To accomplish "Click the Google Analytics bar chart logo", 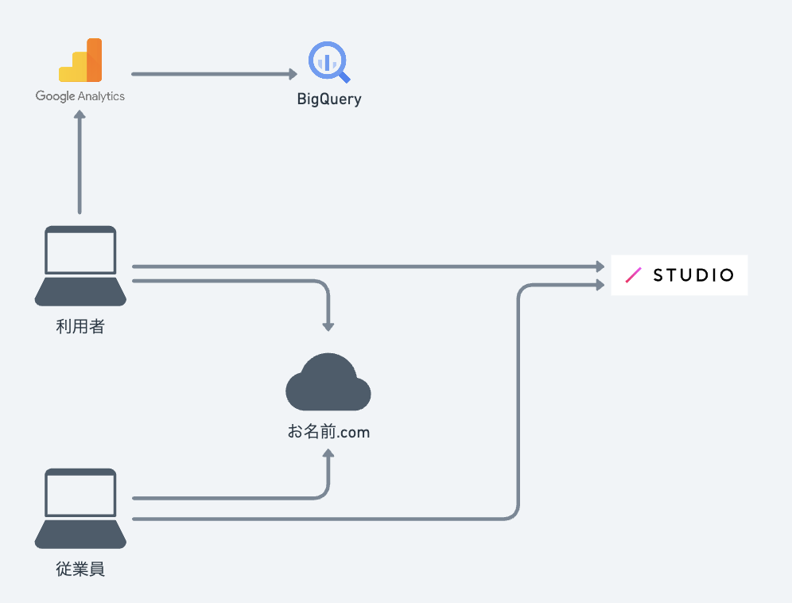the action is click(80, 60).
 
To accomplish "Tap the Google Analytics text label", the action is click(80, 96).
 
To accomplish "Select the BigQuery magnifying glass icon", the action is click(329, 62).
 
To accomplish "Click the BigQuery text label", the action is click(329, 99).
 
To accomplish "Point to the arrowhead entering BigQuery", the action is click(293, 74).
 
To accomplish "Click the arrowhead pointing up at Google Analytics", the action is click(80, 115).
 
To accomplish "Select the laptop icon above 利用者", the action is click(80, 266).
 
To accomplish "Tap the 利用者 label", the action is click(80, 326).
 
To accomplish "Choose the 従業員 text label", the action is click(80, 569).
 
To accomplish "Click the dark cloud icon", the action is click(328, 382).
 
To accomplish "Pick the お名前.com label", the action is click(329, 432).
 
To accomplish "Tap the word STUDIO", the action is click(693, 275).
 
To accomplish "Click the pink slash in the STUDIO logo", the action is click(634, 275).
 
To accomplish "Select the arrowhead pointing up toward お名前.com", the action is click(328, 453).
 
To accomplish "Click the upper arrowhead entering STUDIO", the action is click(600, 266).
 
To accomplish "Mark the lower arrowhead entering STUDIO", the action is click(600, 285).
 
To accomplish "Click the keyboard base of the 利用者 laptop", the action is click(80, 292).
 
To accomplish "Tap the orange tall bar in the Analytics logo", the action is click(95, 60).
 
